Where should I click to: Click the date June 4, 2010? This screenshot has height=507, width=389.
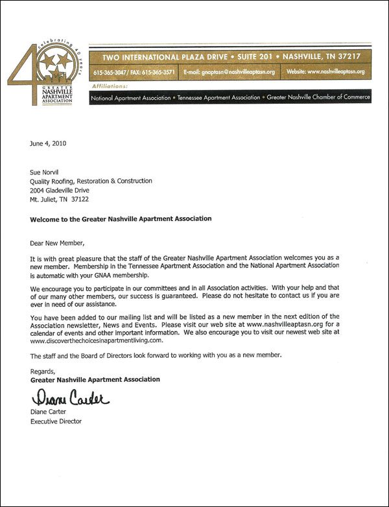coord(48,143)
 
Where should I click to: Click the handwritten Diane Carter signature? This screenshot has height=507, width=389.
coord(67,396)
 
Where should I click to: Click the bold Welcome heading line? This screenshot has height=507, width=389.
coord(121,218)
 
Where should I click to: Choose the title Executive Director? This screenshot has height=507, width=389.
coord(56,421)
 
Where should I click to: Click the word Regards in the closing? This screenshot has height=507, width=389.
coord(43,370)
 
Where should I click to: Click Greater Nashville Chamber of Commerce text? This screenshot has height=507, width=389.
coord(318,97)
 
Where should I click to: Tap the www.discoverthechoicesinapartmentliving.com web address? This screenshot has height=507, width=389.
coord(97,340)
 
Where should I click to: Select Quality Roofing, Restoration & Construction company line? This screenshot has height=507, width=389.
coord(91,181)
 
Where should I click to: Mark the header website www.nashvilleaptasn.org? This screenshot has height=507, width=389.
coord(333,72)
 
